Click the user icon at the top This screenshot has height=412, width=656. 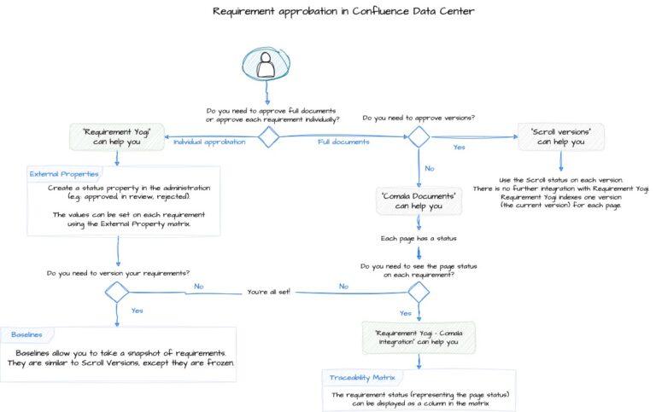click(266, 63)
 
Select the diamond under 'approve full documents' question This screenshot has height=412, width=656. click(269, 136)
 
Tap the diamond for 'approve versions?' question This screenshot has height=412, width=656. click(418, 136)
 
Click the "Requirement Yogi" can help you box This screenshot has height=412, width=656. click(116, 136)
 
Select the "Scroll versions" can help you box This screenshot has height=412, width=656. click(561, 136)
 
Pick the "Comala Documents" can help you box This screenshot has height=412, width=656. click(418, 200)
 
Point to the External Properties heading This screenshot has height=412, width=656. click(63, 174)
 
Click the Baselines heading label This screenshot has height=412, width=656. click(26, 334)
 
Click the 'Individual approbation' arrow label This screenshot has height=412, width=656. click(209, 142)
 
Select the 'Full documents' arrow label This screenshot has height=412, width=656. click(343, 142)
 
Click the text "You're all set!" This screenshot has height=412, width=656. click(269, 292)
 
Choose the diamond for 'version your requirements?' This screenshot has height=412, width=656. click(117, 292)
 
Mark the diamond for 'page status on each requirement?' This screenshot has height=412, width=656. click(418, 292)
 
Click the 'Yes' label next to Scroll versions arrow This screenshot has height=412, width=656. click(459, 147)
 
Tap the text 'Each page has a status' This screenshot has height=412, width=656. click(418, 238)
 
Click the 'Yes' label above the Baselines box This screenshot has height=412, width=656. click(137, 310)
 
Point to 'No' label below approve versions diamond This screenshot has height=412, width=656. click(429, 168)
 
